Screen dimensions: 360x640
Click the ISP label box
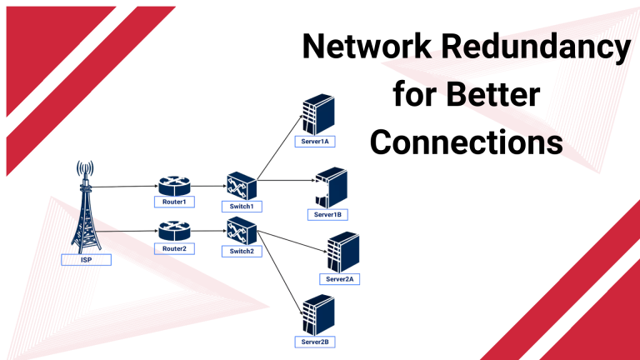(x=86, y=260)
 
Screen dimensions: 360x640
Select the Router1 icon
(x=175, y=187)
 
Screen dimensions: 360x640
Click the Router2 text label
(x=174, y=248)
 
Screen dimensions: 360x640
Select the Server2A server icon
(x=342, y=252)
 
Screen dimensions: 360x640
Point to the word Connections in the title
(x=466, y=142)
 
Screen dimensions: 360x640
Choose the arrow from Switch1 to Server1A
(x=279, y=147)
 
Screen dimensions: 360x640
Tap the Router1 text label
(x=174, y=202)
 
